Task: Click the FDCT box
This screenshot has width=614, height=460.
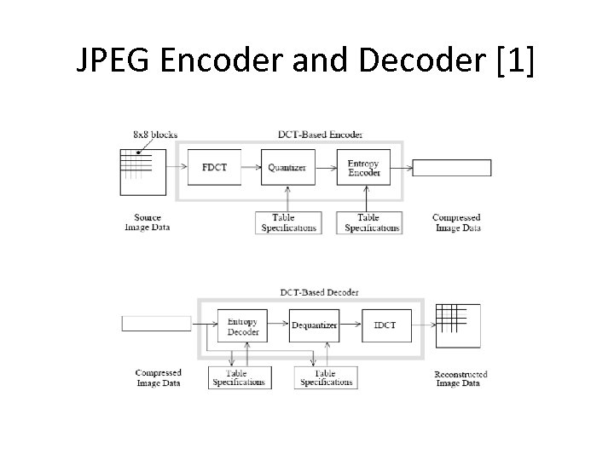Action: click(214, 168)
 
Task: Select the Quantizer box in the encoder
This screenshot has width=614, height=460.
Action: click(287, 168)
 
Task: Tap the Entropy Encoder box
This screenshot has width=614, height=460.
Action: click(364, 168)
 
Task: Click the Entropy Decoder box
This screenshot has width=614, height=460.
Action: click(243, 326)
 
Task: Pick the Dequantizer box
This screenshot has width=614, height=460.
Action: click(315, 325)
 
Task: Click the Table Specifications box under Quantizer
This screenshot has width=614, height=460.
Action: click(287, 223)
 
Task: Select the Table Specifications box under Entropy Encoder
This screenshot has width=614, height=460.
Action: click(368, 223)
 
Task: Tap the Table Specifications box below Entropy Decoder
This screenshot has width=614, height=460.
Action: click(240, 378)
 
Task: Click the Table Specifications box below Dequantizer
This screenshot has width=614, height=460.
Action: click(324, 378)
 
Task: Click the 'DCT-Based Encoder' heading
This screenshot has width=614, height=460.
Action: click(320, 135)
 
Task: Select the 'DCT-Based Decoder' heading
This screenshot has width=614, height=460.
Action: click(320, 292)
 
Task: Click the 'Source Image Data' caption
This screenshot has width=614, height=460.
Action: click(148, 222)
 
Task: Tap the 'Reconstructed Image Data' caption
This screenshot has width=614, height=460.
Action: click(460, 378)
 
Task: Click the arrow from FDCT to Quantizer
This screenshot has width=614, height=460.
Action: click(250, 168)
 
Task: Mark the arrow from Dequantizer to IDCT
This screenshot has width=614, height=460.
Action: click(350, 325)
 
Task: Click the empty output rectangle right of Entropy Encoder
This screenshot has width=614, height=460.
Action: click(452, 168)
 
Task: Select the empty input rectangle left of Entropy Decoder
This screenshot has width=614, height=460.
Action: click(157, 324)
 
